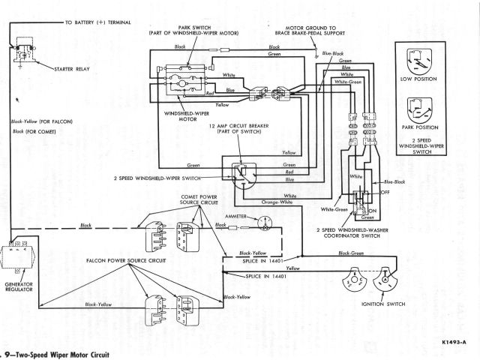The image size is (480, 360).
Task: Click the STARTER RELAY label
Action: (72, 69)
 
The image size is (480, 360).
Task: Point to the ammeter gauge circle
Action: (264, 223)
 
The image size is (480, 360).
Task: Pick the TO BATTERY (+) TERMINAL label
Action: (97, 22)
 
